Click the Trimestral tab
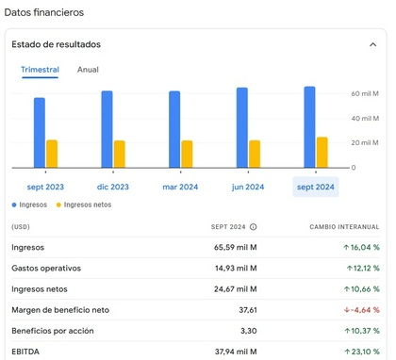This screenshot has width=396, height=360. point(40,70)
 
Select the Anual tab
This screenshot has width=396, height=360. point(88,70)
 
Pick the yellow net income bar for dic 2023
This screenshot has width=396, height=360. point(120,154)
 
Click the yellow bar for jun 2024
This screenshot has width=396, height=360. point(255,154)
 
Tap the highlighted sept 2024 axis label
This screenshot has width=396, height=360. point(316,187)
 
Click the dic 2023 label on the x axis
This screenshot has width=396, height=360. point(113,187)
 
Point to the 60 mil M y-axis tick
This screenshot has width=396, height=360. point(365,94)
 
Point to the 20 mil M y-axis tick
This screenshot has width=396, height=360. point(365,143)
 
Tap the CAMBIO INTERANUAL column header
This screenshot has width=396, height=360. point(344,227)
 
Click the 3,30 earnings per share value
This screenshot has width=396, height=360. point(247,332)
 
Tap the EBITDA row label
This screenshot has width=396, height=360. point(26,352)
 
